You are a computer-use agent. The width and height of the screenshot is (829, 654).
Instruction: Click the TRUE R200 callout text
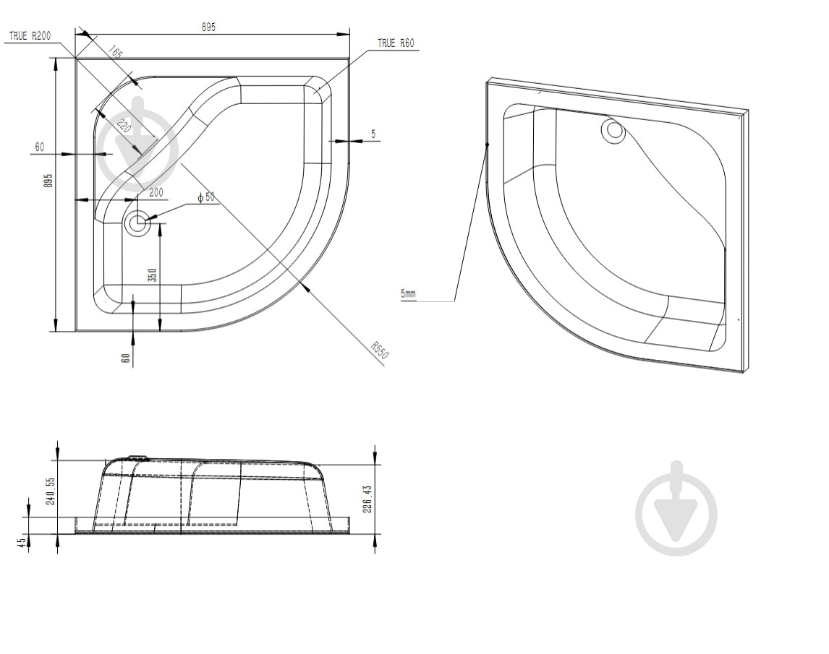pos(30,35)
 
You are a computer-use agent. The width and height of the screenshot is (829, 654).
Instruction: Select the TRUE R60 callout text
pos(396,43)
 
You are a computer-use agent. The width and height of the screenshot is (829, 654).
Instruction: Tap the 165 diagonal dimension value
pos(116,53)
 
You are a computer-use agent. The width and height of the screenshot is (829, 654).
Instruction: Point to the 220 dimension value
pos(123,126)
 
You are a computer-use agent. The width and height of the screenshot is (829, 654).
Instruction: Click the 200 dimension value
pos(156,192)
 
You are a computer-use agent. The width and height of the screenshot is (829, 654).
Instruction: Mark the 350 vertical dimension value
pos(152,276)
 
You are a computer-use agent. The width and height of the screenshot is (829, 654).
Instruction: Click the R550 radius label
pos(380,350)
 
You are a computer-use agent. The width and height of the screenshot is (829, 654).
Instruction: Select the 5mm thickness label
pos(409,293)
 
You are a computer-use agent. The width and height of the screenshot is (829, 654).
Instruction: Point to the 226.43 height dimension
pos(367,499)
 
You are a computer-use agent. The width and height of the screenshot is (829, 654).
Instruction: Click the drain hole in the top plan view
pos(137,223)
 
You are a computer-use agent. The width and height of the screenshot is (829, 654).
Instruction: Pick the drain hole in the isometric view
pos(614,131)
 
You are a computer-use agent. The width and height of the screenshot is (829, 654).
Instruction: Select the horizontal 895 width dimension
pos(208,27)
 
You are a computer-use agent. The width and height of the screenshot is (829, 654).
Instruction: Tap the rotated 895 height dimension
pos(48,180)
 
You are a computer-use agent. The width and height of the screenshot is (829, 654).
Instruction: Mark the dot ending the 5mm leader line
pos(488,145)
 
